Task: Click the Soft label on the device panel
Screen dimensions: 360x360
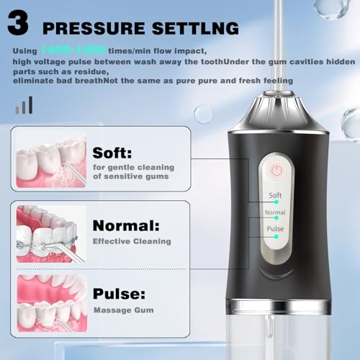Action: (275, 195)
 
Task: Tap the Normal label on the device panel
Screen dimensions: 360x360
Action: (275, 212)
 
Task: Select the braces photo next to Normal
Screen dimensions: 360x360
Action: (50, 233)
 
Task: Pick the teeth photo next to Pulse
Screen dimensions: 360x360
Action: (50, 302)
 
